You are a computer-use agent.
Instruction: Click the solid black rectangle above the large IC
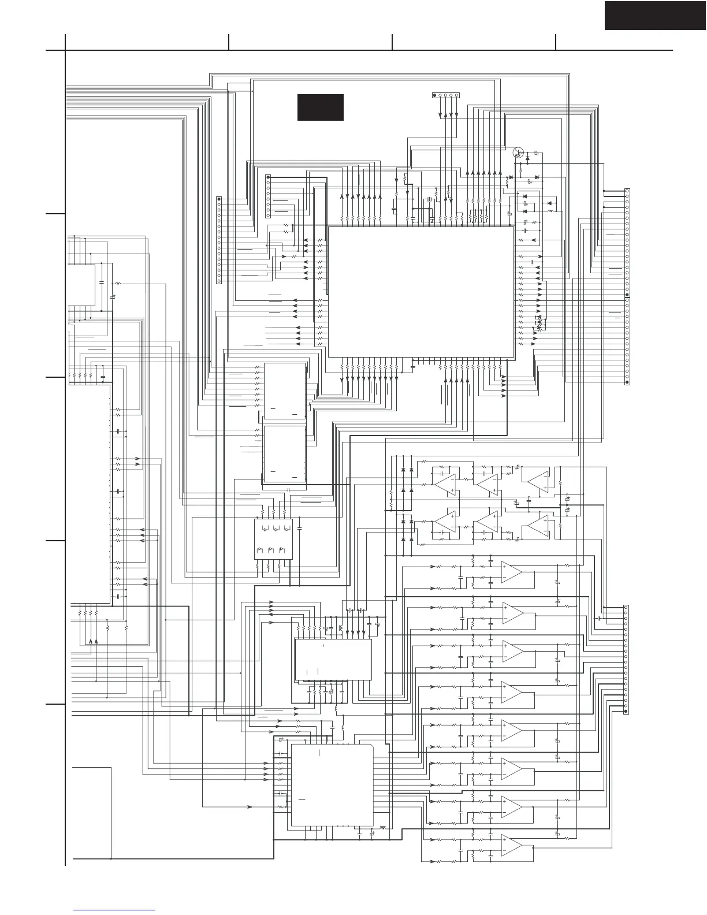click(321, 107)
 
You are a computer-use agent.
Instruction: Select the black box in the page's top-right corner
click(655, 15)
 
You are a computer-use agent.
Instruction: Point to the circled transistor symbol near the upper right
click(519, 153)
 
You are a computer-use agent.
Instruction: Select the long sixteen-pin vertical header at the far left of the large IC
click(219, 240)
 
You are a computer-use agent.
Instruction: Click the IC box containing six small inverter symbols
click(273, 538)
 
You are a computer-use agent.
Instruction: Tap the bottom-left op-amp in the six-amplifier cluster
click(445, 523)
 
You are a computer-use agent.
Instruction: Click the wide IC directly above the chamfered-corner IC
click(333, 659)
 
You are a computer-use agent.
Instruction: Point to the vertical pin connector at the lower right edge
click(626, 659)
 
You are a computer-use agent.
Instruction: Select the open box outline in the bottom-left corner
click(91, 812)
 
